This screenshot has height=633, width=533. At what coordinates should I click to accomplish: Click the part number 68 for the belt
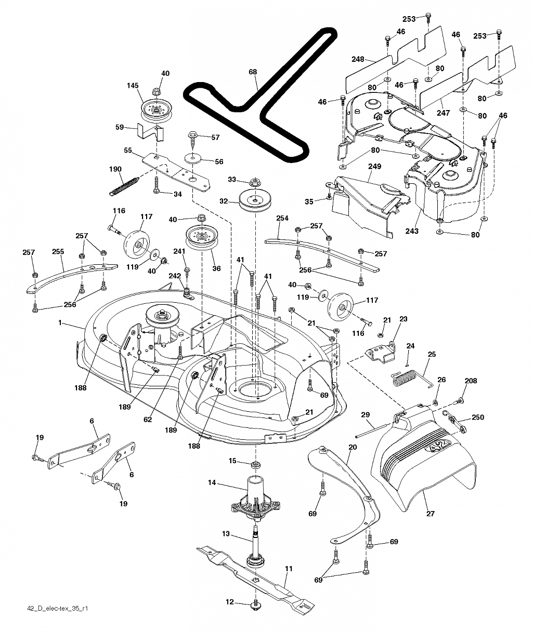coord(253,72)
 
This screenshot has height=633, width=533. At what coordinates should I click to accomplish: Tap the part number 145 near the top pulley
coord(133,86)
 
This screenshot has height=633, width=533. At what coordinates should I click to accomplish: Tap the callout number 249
coord(374,166)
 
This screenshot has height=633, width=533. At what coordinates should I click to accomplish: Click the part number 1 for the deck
coord(60,323)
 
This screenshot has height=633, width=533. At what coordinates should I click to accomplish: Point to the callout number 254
coord(282,218)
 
